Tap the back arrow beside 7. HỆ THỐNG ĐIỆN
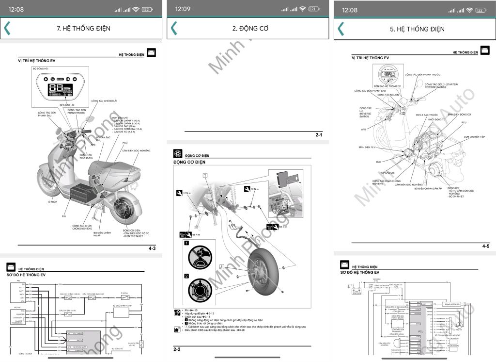click(7, 28)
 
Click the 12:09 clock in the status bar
click(183, 9)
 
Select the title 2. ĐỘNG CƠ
click(250, 29)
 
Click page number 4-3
click(152, 248)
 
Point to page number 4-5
click(486, 247)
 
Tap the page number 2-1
click(319, 135)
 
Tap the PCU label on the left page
click(125, 143)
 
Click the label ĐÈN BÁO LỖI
click(67, 105)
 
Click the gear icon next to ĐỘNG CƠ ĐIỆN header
click(178, 154)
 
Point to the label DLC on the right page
click(378, 162)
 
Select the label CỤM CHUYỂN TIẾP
click(474, 137)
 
